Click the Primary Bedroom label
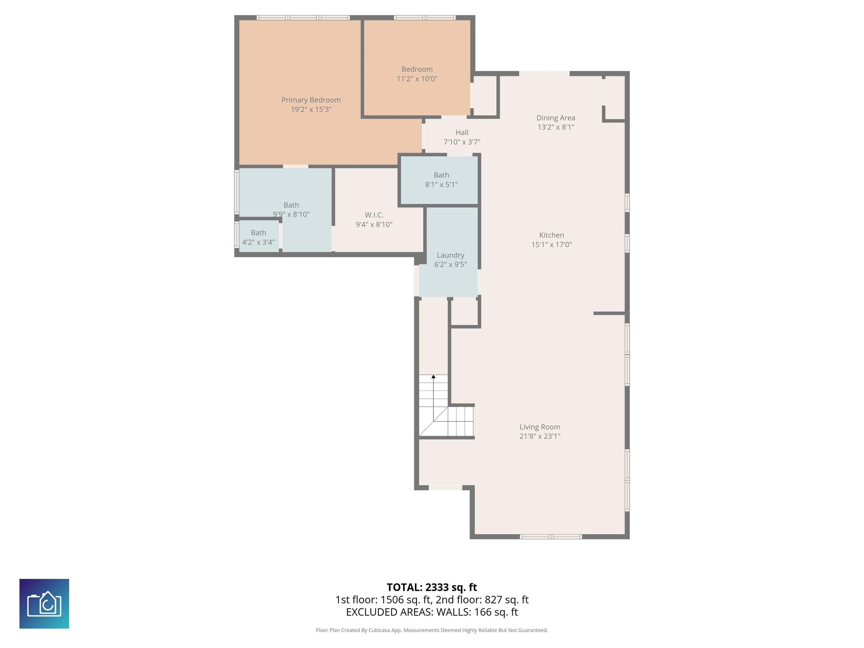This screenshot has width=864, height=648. [311, 100]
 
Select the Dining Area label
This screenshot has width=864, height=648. [555, 118]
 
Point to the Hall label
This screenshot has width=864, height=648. [462, 132]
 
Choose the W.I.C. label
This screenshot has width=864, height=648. [374, 215]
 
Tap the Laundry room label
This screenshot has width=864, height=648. [450, 255]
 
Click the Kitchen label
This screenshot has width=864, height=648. [552, 235]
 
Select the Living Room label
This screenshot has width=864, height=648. [540, 427]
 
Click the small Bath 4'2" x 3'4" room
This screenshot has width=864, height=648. [258, 237]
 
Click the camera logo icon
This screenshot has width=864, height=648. [44, 604]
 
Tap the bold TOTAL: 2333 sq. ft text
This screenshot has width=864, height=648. [432, 587]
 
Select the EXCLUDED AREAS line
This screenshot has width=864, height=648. [432, 612]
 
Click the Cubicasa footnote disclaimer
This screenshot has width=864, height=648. [432, 630]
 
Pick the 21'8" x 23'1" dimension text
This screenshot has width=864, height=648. [540, 436]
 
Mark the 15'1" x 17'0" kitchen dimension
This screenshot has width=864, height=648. [552, 244]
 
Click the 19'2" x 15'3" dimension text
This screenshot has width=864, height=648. [311, 109]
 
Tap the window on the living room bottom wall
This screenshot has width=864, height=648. [551, 537]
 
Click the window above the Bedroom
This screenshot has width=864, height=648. [425, 17]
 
